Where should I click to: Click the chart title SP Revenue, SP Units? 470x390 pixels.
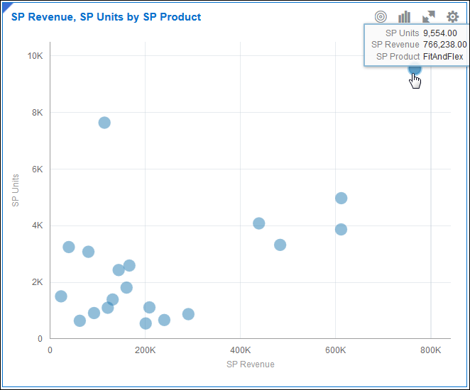pyautogui.click(x=106, y=17)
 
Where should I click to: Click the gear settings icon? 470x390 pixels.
pyautogui.click(x=452, y=17)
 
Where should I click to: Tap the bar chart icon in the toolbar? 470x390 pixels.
pyautogui.click(x=405, y=17)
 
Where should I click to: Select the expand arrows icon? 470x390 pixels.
pyautogui.click(x=429, y=17)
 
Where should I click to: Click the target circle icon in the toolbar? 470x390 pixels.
pyautogui.click(x=381, y=17)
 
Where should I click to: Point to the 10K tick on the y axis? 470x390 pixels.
pyautogui.click(x=34, y=55)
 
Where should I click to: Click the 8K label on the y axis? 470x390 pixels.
pyautogui.click(x=36, y=112)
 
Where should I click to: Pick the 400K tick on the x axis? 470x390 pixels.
pyautogui.click(x=240, y=350)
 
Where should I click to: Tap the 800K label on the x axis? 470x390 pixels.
pyautogui.click(x=430, y=350)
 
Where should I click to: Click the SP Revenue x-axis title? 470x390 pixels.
pyautogui.click(x=250, y=364)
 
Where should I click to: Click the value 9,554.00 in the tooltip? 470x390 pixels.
pyautogui.click(x=444, y=33)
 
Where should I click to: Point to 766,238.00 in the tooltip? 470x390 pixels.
pyautogui.click(x=444, y=45)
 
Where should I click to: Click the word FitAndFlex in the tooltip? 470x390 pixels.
pyautogui.click(x=444, y=56)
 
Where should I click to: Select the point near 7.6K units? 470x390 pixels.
pyautogui.click(x=104, y=123)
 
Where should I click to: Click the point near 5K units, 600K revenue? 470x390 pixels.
pyautogui.click(x=341, y=198)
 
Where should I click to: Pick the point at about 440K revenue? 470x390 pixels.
pyautogui.click(x=259, y=223)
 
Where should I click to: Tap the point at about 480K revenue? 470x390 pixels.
pyautogui.click(x=280, y=245)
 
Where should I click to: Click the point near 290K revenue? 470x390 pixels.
pyautogui.click(x=188, y=314)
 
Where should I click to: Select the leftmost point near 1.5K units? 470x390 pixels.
pyautogui.click(x=61, y=296)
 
